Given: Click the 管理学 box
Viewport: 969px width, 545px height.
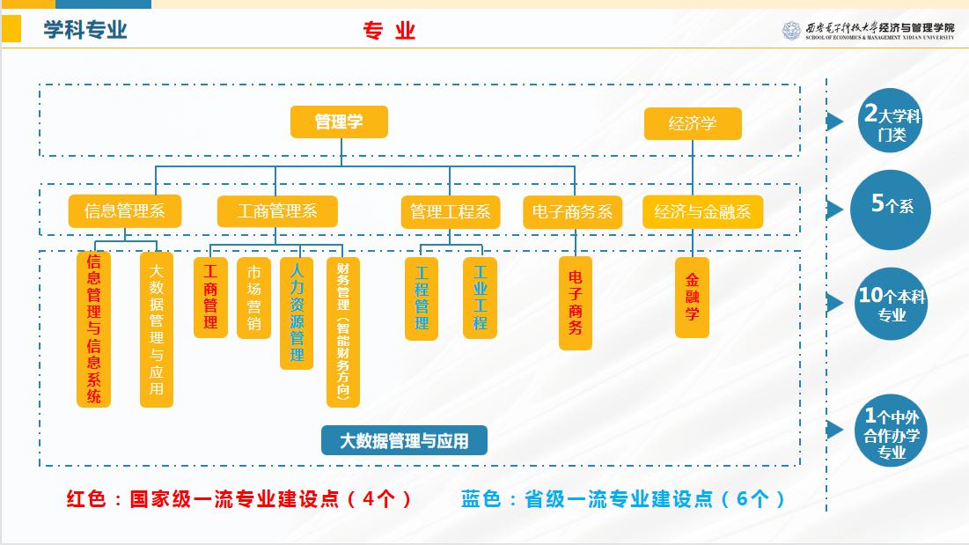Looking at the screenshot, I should point(339,122).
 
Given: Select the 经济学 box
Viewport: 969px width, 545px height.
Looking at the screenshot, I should point(693,123).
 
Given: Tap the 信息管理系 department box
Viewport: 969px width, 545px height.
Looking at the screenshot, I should point(124,211).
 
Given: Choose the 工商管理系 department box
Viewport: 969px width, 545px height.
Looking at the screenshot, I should point(277,211).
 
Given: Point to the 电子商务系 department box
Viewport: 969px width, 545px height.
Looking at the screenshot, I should point(572,212).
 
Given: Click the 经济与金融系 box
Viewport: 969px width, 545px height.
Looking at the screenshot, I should point(702,212).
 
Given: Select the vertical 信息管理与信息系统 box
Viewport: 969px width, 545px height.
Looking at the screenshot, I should point(94,328).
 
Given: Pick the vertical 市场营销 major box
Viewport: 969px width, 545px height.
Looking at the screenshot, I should point(253,298).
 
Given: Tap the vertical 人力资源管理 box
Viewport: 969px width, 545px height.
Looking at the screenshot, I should point(297,312).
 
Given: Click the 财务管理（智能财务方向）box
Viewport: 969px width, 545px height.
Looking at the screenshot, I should point(343,331).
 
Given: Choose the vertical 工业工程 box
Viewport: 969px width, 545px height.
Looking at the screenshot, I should point(480,298).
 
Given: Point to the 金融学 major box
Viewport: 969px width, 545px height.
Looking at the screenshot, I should point(692,297).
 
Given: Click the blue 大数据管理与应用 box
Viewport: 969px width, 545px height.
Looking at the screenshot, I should point(404,440).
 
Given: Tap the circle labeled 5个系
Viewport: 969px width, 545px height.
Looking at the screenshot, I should point(891,206).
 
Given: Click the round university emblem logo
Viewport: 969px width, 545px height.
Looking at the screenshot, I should point(791,31).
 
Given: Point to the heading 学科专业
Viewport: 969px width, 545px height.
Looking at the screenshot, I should point(85,30).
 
